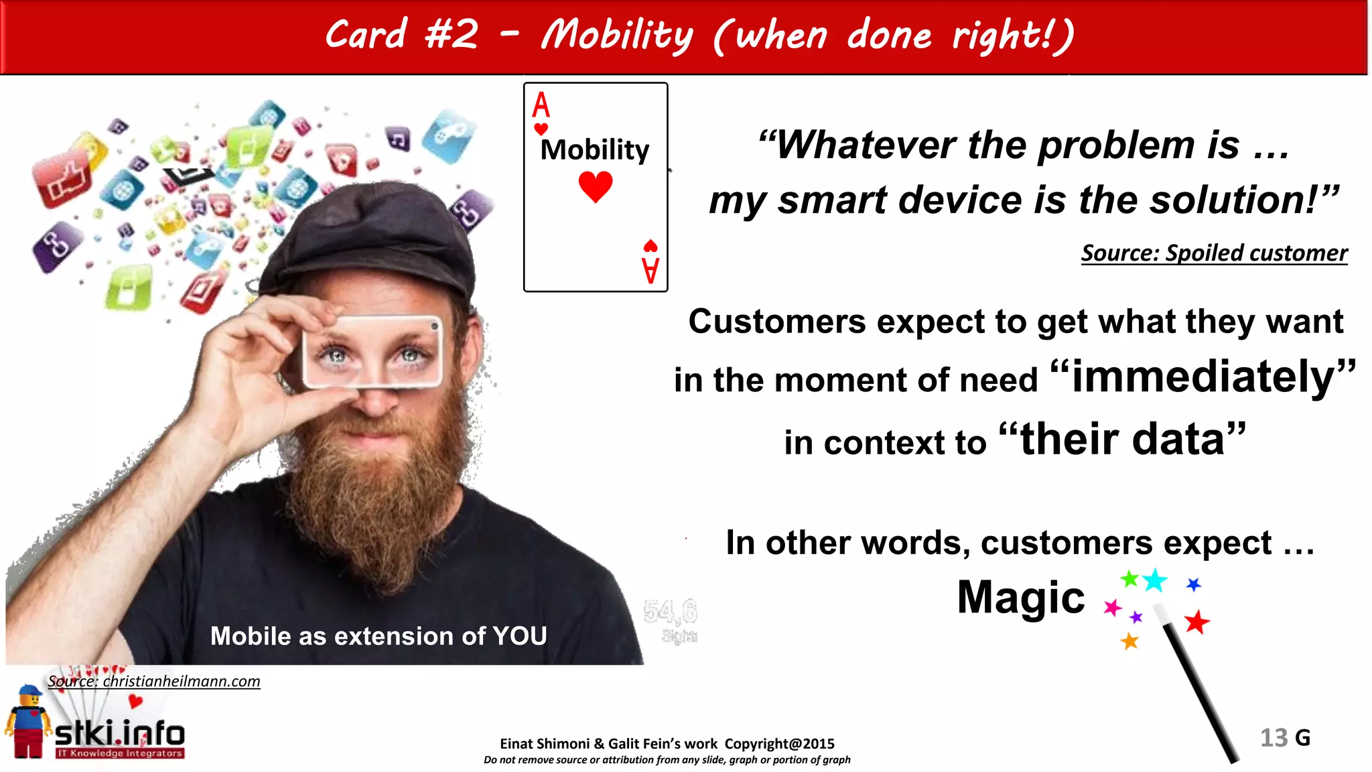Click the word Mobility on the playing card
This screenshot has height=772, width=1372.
click(x=595, y=150)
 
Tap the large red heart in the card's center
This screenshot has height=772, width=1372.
click(x=596, y=186)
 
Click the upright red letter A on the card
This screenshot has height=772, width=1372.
click(x=541, y=105)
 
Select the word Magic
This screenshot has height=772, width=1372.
click(x=1020, y=597)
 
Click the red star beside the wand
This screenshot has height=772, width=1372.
click(x=1196, y=623)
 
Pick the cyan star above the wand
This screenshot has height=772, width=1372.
click(x=1155, y=580)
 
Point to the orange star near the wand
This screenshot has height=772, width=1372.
click(x=1129, y=641)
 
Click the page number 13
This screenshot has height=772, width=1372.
click(x=1274, y=738)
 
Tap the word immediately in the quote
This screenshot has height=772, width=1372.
click(x=1203, y=377)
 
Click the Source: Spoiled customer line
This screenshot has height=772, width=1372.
click(x=1214, y=253)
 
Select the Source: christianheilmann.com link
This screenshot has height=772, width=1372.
click(x=154, y=682)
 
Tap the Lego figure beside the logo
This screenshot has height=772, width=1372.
click(x=28, y=722)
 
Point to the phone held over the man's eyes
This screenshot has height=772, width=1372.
click(x=372, y=351)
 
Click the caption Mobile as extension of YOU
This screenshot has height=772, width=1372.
click(x=379, y=636)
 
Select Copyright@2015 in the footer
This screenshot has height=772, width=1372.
click(x=779, y=744)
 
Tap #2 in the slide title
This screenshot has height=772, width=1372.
click(x=452, y=34)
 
